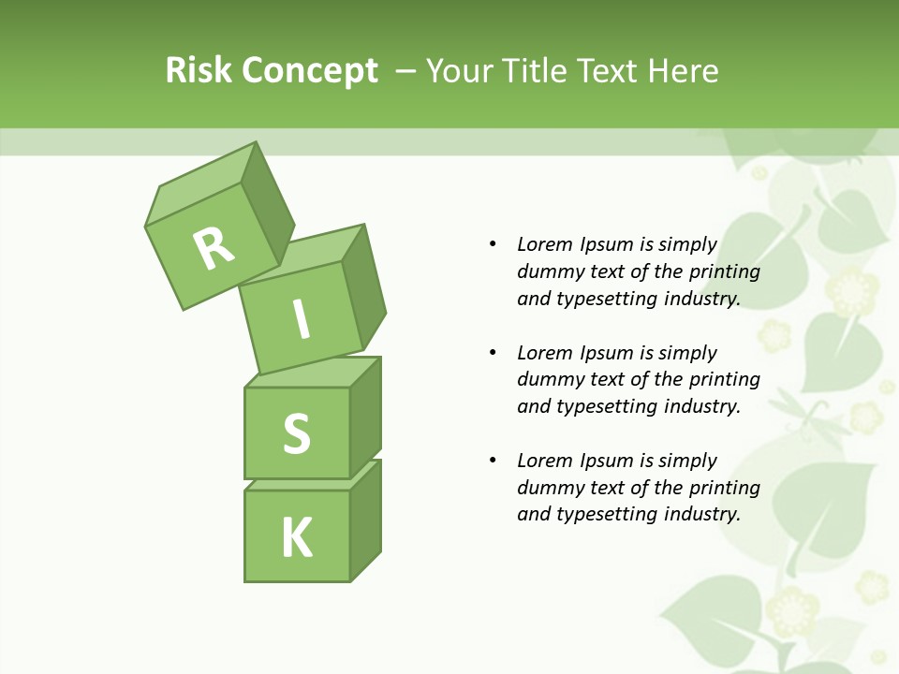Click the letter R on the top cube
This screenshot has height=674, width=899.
click(214, 248)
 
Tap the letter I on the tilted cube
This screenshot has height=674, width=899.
click(301, 320)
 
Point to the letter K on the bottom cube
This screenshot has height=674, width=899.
click(297, 537)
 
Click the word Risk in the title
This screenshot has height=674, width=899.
click(199, 70)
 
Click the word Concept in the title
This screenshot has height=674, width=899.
click(311, 71)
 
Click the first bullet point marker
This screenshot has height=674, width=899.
click(493, 244)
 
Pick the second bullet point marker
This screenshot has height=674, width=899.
click(493, 353)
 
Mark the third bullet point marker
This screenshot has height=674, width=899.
click(493, 461)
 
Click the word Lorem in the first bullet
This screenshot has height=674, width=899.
click(544, 244)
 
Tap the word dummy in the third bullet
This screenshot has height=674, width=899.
click(548, 488)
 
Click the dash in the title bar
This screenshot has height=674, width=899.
click(406, 70)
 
